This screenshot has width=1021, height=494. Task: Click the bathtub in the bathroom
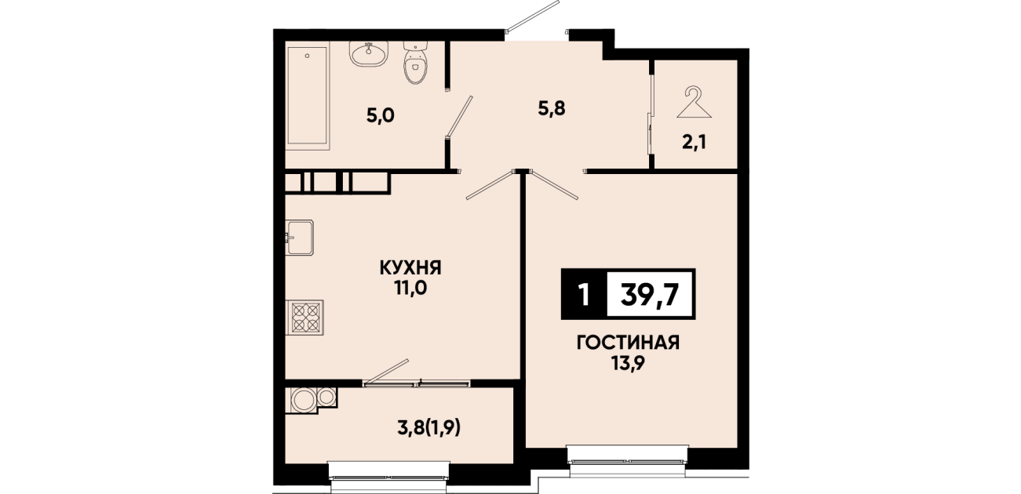click(x=308, y=98)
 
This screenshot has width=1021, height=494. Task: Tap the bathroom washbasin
click(x=369, y=54)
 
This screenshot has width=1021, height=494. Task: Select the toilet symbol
click(x=415, y=63)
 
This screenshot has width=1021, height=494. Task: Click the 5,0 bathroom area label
click(x=380, y=116)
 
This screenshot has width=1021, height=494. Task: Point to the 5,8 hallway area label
click(x=552, y=108)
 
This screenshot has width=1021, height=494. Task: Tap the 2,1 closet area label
click(x=695, y=143)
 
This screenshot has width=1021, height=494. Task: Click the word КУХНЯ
click(x=410, y=268)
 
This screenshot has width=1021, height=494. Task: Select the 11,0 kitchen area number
click(x=410, y=289)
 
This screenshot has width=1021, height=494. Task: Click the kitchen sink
click(x=300, y=238)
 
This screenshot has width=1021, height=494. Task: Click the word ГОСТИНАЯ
click(x=628, y=343)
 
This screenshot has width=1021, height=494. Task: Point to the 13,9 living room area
click(x=628, y=363)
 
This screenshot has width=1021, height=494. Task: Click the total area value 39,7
click(x=651, y=295)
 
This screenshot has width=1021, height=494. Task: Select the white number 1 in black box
click(x=584, y=295)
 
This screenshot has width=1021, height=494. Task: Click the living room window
click(x=628, y=462)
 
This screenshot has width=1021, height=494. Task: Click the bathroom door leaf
click(x=461, y=116)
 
